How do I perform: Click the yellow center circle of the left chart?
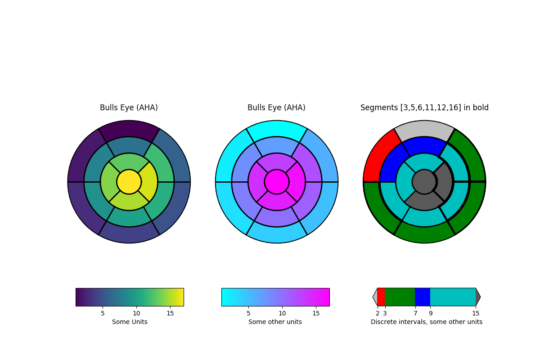coord(129,182)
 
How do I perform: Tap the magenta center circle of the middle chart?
coord(277,182)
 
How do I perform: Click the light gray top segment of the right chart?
coord(424,128)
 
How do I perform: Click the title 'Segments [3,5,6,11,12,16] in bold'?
coord(424,108)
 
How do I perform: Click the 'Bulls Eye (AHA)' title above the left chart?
coord(129,108)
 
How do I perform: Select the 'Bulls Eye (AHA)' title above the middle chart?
coord(276,108)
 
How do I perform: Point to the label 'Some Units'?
coord(130,322)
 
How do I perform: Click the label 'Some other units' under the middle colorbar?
coord(275,322)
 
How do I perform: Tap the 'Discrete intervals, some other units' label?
coord(426,322)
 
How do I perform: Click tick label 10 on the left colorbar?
coord(136,313)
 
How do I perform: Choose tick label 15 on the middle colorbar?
coord(316,313)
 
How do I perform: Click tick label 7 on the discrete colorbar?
coord(415,313)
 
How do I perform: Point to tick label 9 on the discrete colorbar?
coord(430,313)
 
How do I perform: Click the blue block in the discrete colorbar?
coord(423,297)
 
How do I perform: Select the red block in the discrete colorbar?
coord(381,297)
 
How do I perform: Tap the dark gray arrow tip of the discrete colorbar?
coord(478,297)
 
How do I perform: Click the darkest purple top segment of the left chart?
coord(129,128)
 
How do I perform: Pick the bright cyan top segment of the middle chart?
coord(277,128)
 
